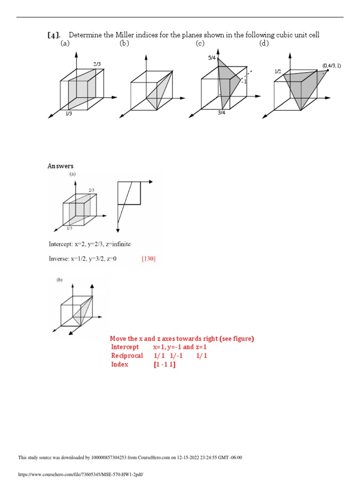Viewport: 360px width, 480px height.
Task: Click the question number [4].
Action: click(54, 35)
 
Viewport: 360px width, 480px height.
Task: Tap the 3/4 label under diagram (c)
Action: click(222, 112)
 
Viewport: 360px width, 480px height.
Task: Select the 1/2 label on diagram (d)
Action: click(277, 71)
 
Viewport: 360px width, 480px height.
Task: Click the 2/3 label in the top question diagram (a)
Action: click(97, 64)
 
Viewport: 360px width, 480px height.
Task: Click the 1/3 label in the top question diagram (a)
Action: click(69, 113)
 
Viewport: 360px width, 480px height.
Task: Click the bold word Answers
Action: click(60, 166)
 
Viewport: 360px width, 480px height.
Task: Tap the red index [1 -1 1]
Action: click(164, 364)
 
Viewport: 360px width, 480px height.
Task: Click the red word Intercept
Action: click(125, 347)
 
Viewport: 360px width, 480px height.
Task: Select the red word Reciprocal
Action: click(127, 356)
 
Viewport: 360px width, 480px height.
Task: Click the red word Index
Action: click(120, 364)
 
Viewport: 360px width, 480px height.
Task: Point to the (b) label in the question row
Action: click(124, 44)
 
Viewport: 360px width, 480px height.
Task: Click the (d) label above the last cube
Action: click(264, 44)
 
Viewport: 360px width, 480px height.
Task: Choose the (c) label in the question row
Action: click(200, 44)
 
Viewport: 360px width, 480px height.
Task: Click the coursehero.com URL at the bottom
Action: click(80, 474)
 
